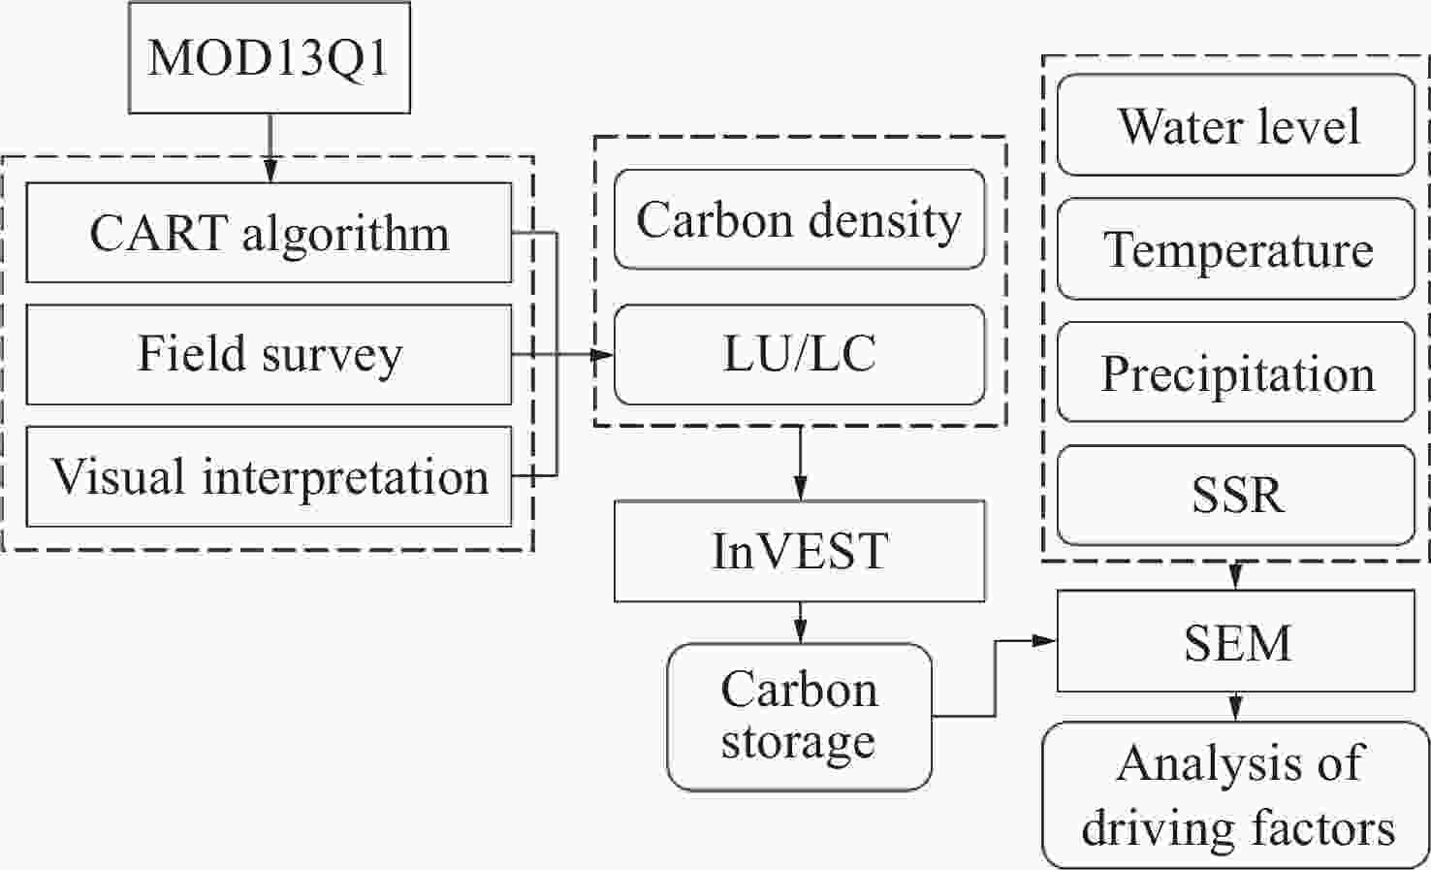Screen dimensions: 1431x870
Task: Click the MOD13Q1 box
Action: coord(269,57)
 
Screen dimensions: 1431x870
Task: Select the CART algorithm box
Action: coord(269,233)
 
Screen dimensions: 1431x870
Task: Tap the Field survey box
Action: coord(269,355)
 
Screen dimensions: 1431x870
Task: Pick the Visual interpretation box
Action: coord(269,477)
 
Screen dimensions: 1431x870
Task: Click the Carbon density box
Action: coord(799,219)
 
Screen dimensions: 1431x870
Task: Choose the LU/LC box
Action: coord(799,355)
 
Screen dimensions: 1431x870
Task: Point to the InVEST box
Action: coord(799,551)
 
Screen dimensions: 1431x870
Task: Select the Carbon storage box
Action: coord(799,717)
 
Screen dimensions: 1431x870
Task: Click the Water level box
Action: coord(1236,125)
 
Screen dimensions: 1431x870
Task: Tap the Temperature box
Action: coord(1236,248)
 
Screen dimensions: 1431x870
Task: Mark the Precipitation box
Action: coord(1236,372)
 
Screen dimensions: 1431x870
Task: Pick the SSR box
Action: coord(1236,496)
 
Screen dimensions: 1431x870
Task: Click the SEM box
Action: coord(1236,641)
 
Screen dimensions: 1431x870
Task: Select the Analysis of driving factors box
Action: coord(1236,795)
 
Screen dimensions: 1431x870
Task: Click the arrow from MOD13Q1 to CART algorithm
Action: coord(270,148)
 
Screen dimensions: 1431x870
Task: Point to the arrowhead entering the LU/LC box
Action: coord(602,355)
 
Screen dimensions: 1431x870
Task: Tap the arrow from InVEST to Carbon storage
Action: coord(800,623)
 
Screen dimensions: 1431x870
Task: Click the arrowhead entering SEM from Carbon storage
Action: coord(1045,640)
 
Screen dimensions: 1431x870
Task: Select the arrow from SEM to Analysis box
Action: coord(1236,707)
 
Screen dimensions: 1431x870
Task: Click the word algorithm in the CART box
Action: coord(345,236)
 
